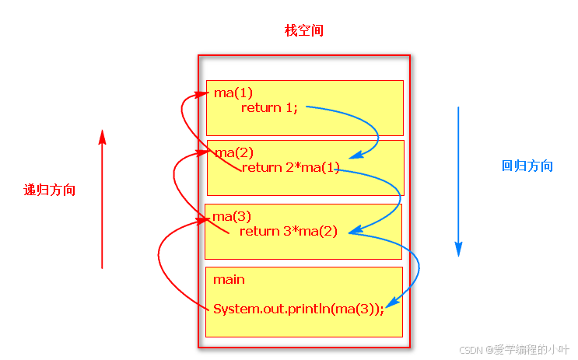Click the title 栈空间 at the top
(304, 31)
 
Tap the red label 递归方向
(50, 190)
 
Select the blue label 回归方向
(527, 166)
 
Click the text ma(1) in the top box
(233, 93)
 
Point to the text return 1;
(269, 107)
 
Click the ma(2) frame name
(233, 152)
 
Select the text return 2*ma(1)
(291, 167)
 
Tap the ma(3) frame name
(232, 215)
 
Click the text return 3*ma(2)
(289, 231)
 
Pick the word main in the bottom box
(229, 279)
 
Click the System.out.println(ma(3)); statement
(299, 309)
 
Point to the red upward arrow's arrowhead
(102, 137)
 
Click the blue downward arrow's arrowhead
(458, 249)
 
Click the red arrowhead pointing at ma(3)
(204, 220)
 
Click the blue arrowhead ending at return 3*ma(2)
(354, 231)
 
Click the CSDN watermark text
(515, 349)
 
